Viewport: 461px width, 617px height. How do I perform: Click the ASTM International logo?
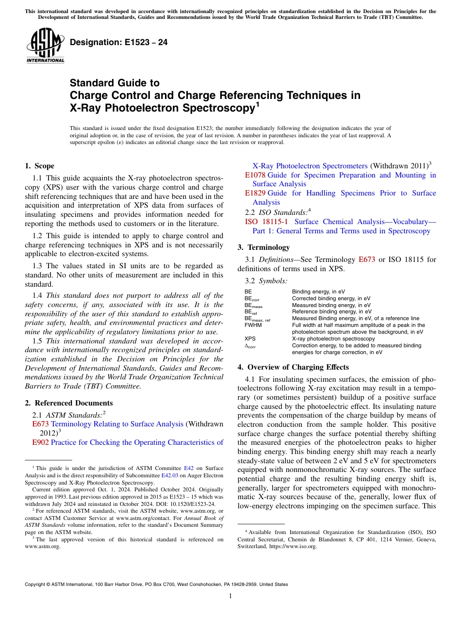click(45, 46)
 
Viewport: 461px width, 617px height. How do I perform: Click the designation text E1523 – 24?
click(118, 42)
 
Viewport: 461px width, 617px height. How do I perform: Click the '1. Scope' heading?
click(39, 166)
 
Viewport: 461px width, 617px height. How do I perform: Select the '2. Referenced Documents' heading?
click(68, 403)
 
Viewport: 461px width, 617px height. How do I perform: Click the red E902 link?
click(40, 442)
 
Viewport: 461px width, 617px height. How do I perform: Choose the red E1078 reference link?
click(255, 175)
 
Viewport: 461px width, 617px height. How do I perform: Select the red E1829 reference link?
click(255, 193)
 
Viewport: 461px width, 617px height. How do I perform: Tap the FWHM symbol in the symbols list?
click(253, 325)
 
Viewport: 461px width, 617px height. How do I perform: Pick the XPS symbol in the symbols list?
click(250, 339)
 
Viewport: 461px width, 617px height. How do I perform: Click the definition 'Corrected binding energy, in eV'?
click(331, 299)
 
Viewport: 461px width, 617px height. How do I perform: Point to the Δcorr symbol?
click(250, 346)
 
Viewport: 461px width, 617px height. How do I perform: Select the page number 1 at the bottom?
click(230, 596)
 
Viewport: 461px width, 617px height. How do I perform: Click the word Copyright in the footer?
click(36, 585)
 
